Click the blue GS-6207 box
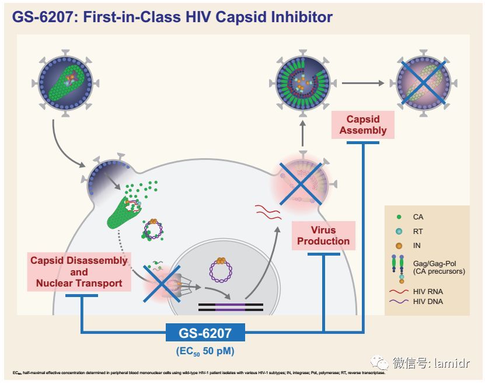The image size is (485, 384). [205, 333]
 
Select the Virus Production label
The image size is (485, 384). [323, 235]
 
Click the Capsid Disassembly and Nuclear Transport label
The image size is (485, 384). [79, 271]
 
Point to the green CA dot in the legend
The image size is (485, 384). [398, 217]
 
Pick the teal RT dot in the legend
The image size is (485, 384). [398, 231]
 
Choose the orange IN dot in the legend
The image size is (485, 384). [398, 246]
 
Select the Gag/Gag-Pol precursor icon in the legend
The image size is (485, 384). [398, 267]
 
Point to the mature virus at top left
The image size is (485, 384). [64, 83]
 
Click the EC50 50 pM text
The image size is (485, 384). [205, 351]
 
